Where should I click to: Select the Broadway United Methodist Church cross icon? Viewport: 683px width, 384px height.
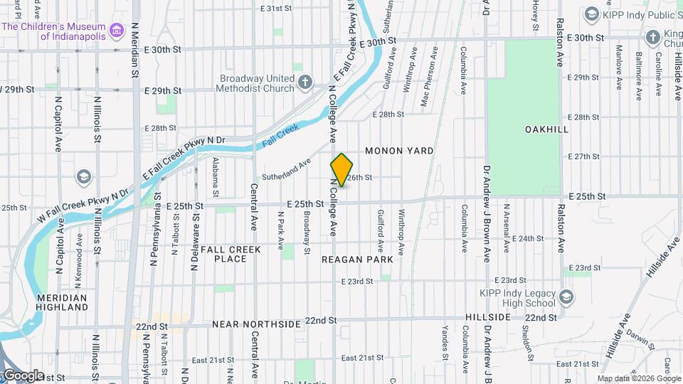[x=305, y=82]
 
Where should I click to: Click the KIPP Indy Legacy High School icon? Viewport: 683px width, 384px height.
[x=566, y=297]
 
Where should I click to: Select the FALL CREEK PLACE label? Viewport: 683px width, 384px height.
[x=231, y=254]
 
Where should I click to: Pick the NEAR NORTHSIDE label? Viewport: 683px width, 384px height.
[x=256, y=324]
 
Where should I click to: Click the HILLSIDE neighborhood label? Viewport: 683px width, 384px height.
[x=487, y=316]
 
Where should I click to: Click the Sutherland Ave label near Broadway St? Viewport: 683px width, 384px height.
[x=287, y=168]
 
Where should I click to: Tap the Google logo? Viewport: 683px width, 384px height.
[x=23, y=375]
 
